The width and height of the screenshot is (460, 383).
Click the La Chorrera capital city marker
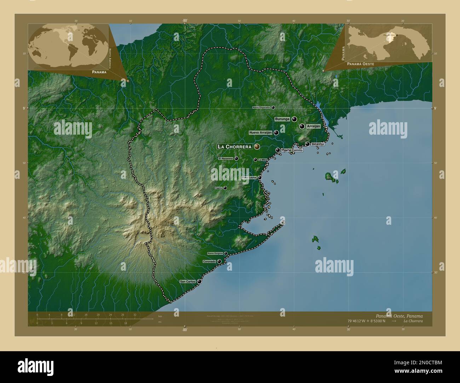tap(257, 146)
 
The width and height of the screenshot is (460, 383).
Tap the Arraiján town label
tap(314, 126)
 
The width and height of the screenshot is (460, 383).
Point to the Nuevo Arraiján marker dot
tap(276, 132)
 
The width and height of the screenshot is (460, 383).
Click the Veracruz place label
tap(318, 144)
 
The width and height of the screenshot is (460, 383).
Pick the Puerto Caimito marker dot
tap(278, 150)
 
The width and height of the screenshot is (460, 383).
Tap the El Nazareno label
tap(225, 159)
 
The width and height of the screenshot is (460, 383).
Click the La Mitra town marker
tap(255, 160)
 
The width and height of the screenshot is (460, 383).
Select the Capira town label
tap(219, 188)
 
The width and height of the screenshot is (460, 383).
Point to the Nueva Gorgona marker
tap(226, 253)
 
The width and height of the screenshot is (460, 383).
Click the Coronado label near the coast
tap(209, 261)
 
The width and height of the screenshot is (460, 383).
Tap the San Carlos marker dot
tap(200, 282)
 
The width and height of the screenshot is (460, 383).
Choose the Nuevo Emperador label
tap(261, 107)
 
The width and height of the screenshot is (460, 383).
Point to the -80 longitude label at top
tap(184, 21)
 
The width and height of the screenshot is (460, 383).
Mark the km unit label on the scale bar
tap(160, 316)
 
